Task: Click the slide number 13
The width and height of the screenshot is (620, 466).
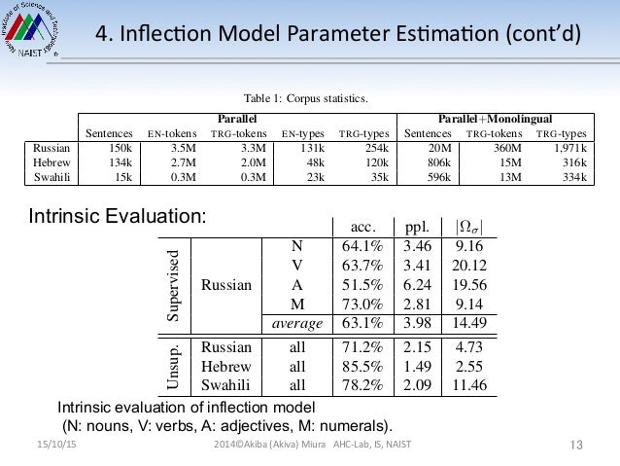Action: [x=575, y=447]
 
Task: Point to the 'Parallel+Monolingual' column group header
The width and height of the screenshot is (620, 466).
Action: [x=503, y=116]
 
